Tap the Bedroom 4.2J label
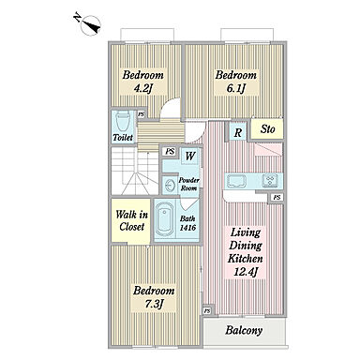point(142,82)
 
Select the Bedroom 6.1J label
point(236,82)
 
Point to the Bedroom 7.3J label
point(154,297)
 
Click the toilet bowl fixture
point(123,121)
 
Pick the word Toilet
point(123,137)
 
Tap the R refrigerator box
point(238,132)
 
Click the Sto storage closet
point(267,128)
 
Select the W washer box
point(190,156)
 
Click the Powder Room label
point(189,185)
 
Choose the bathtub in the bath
point(165,219)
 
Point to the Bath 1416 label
point(187,223)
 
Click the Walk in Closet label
point(131,220)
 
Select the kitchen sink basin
point(236,182)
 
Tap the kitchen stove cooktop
point(270,181)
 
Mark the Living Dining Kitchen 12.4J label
point(246,252)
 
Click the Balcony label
point(244,331)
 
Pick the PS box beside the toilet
point(142,114)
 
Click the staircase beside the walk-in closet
point(135,171)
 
